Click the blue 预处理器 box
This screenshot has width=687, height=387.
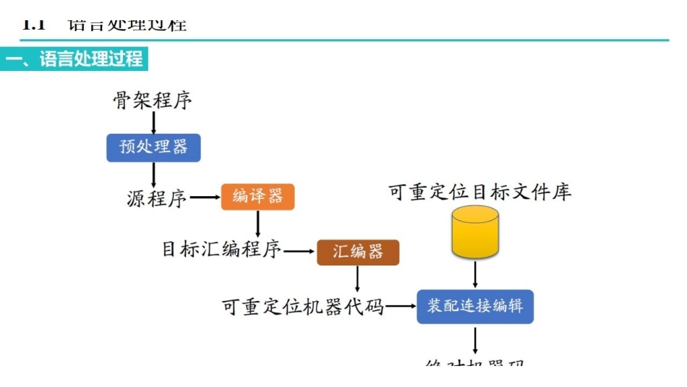[x=153, y=148]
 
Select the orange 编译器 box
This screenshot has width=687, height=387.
[x=258, y=197]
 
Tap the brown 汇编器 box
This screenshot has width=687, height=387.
[x=358, y=252]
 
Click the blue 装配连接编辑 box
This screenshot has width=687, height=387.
[x=475, y=307]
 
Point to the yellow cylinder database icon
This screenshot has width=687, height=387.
[x=475, y=231]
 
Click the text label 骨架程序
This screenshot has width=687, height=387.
[x=153, y=100]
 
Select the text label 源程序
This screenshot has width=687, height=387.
[x=157, y=197]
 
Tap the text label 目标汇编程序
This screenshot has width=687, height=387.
[x=221, y=250]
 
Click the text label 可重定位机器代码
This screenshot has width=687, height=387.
[x=302, y=307]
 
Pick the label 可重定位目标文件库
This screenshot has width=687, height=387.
[x=480, y=192]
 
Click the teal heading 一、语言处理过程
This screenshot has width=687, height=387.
[x=74, y=59]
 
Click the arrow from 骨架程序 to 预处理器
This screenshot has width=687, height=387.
[x=153, y=122]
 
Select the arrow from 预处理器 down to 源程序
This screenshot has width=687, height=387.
[x=153, y=174]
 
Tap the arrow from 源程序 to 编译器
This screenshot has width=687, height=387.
[x=205, y=197]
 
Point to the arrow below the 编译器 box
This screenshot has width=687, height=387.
[x=258, y=224]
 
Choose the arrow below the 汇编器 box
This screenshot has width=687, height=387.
[x=358, y=278]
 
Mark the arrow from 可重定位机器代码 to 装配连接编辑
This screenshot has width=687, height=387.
[x=401, y=307]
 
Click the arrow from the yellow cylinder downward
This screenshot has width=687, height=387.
[x=475, y=274]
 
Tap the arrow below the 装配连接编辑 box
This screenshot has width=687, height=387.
[x=475, y=339]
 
